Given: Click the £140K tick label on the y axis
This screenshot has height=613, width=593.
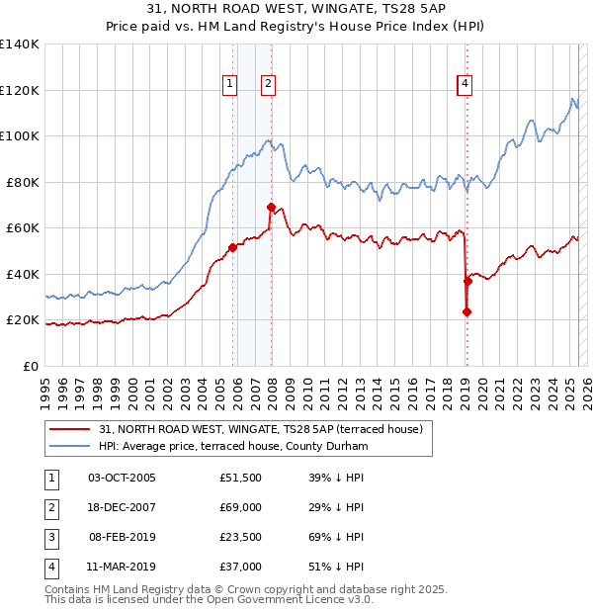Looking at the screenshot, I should (20, 44).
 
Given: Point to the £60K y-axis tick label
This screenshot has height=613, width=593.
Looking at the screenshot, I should (23, 228).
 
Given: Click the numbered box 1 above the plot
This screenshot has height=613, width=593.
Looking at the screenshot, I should (229, 85).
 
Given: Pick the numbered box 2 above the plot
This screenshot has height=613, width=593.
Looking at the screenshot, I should (268, 85).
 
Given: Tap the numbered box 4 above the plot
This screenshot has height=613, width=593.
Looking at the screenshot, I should (464, 85).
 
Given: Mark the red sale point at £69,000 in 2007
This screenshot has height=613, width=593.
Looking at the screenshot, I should (271, 208).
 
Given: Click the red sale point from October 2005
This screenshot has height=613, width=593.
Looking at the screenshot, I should (233, 248).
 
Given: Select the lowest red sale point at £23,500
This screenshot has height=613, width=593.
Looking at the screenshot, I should (466, 312).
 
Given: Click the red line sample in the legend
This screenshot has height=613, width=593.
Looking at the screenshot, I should (70, 429).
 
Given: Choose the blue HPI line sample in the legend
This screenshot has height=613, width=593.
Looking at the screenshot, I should (70, 447).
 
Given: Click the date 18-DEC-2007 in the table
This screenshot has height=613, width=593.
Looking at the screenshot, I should (122, 507).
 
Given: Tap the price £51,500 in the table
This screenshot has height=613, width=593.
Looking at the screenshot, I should (241, 478).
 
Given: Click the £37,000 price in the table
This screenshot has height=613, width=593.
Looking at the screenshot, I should (241, 567).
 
